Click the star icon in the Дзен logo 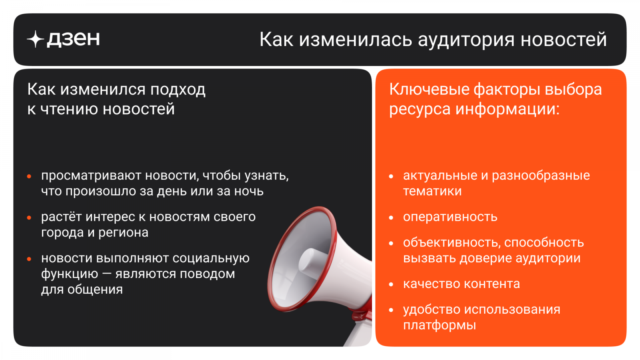click(x=36, y=39)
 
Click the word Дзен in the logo click(x=74, y=39)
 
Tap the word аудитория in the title click(x=466, y=40)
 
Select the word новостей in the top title click(x=564, y=40)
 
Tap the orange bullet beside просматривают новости click(x=29, y=176)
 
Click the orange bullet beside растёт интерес click(x=29, y=218)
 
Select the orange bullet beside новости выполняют click(x=29, y=259)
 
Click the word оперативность click(x=450, y=218)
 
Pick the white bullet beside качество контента click(x=391, y=284)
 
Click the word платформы click(x=440, y=326)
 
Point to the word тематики click(x=432, y=191)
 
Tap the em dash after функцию click(x=106, y=274)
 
